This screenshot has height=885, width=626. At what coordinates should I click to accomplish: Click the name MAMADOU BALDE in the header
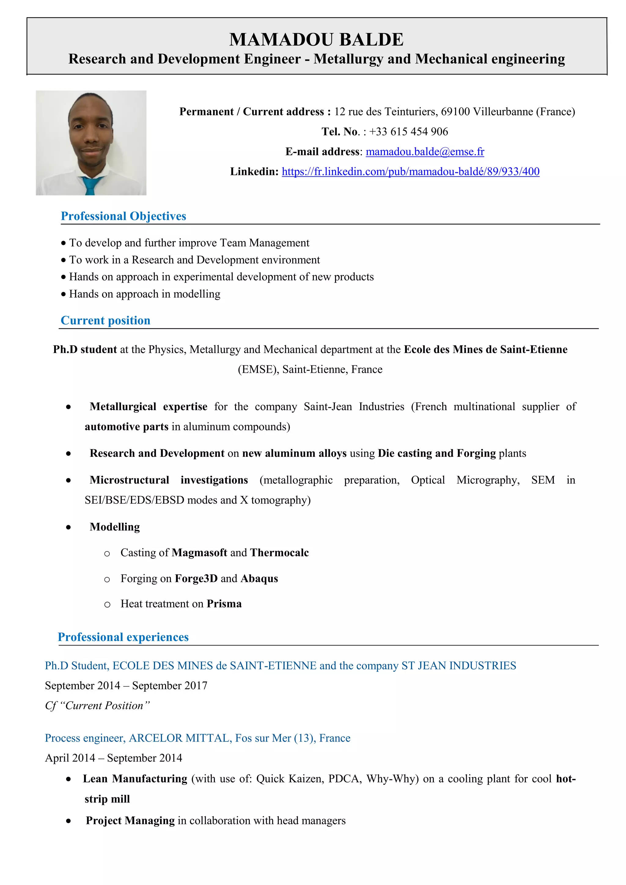click(316, 40)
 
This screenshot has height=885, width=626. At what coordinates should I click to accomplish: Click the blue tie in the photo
click(91, 185)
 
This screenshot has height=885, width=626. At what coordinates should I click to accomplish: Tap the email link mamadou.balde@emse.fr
click(425, 152)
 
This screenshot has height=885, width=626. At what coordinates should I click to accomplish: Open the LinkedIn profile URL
click(411, 172)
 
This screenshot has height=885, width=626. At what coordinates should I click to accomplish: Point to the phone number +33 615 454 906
click(408, 132)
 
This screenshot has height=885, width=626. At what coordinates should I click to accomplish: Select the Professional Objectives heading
click(123, 216)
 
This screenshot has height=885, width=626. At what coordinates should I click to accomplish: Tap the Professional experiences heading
click(123, 637)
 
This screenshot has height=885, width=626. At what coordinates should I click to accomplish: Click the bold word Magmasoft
click(199, 553)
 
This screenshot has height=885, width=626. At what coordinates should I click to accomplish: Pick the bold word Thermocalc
click(279, 553)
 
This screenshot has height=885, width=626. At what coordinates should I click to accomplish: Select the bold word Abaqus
click(259, 579)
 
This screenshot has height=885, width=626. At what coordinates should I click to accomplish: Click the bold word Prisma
click(224, 604)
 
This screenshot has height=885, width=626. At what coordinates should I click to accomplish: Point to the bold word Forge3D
click(196, 579)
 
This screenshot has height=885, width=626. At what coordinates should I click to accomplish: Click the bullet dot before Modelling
click(68, 527)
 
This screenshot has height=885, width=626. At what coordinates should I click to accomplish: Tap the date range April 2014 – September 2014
click(113, 758)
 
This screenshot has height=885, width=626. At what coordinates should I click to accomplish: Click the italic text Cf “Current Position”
click(97, 706)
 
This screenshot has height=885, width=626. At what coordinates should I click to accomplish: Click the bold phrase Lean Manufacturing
click(135, 779)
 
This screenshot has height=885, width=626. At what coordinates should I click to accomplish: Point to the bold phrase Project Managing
click(131, 821)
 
